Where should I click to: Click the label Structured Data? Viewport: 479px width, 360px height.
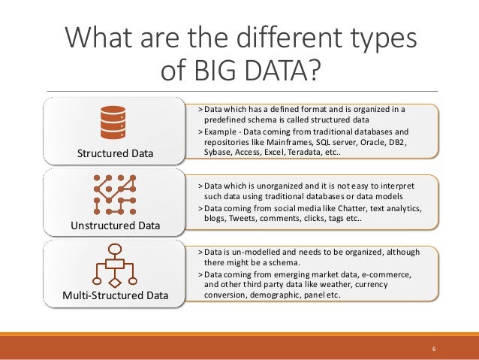(115, 154)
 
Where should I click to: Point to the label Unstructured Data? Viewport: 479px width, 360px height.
(114, 225)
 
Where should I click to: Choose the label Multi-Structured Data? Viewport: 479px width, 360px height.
(115, 295)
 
